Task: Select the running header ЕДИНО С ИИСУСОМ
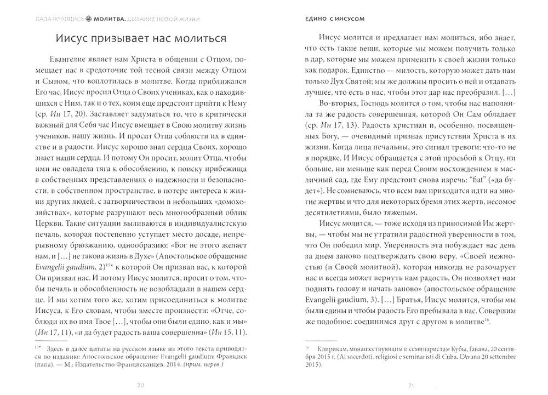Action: coord(335,18)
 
